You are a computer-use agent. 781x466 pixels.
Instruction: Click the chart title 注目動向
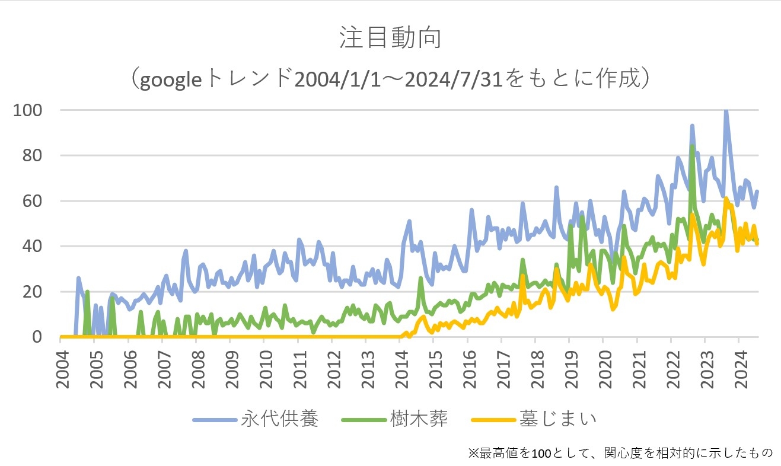tap(390, 37)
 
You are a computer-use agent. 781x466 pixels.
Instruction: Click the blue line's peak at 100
tap(726, 111)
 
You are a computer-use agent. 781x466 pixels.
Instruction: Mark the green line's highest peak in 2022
tap(692, 146)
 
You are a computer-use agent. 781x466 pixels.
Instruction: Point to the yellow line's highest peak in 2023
tap(726, 199)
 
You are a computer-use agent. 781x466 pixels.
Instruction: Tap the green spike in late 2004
tap(87, 292)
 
